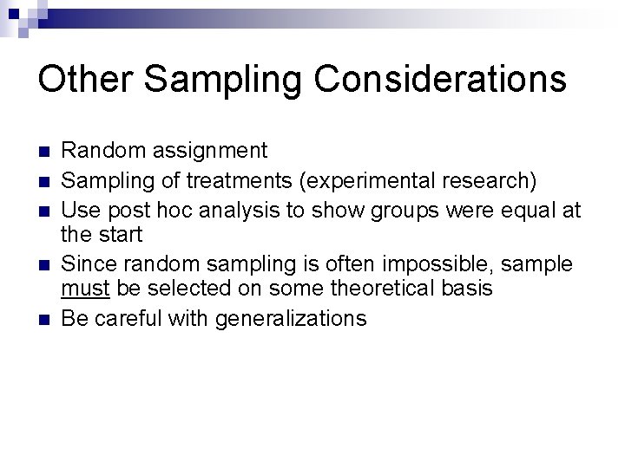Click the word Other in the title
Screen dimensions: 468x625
pos(84,79)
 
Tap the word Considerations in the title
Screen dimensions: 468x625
pos(440,79)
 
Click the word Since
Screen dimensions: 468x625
pos(88,263)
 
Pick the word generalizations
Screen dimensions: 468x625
pos(291,318)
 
